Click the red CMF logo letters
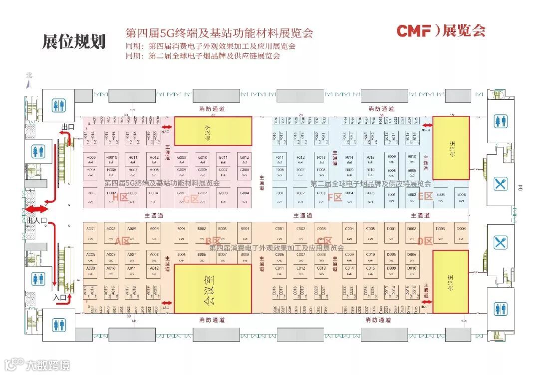414,31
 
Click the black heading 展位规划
74,41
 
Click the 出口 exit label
67,127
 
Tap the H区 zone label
120,198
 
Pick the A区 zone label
122,242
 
